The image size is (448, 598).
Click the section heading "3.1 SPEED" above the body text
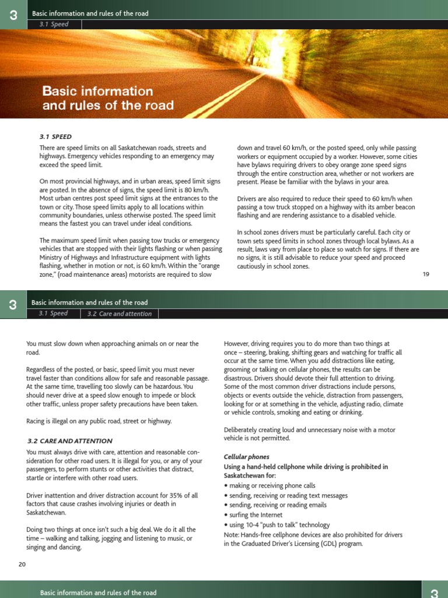coord(55,137)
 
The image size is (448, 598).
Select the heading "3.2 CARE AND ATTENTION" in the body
coord(70,441)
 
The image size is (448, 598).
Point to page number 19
coord(426,274)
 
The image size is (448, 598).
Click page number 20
coord(22,564)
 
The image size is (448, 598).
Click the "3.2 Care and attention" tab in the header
coord(120,314)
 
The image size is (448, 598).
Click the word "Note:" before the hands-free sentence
coord(232,534)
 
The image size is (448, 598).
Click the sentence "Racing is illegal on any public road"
coord(99,420)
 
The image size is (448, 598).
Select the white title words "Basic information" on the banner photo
coord(97,92)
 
